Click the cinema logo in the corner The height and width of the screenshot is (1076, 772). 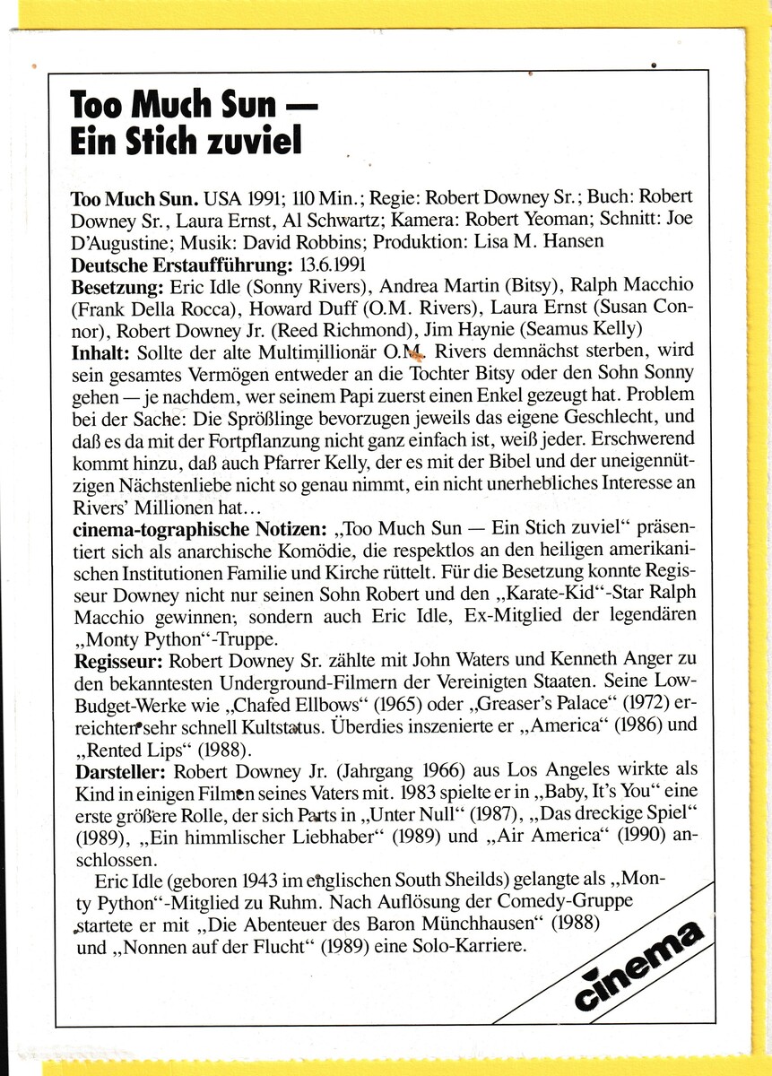point(639,966)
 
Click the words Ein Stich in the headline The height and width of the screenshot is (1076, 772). point(126,141)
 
